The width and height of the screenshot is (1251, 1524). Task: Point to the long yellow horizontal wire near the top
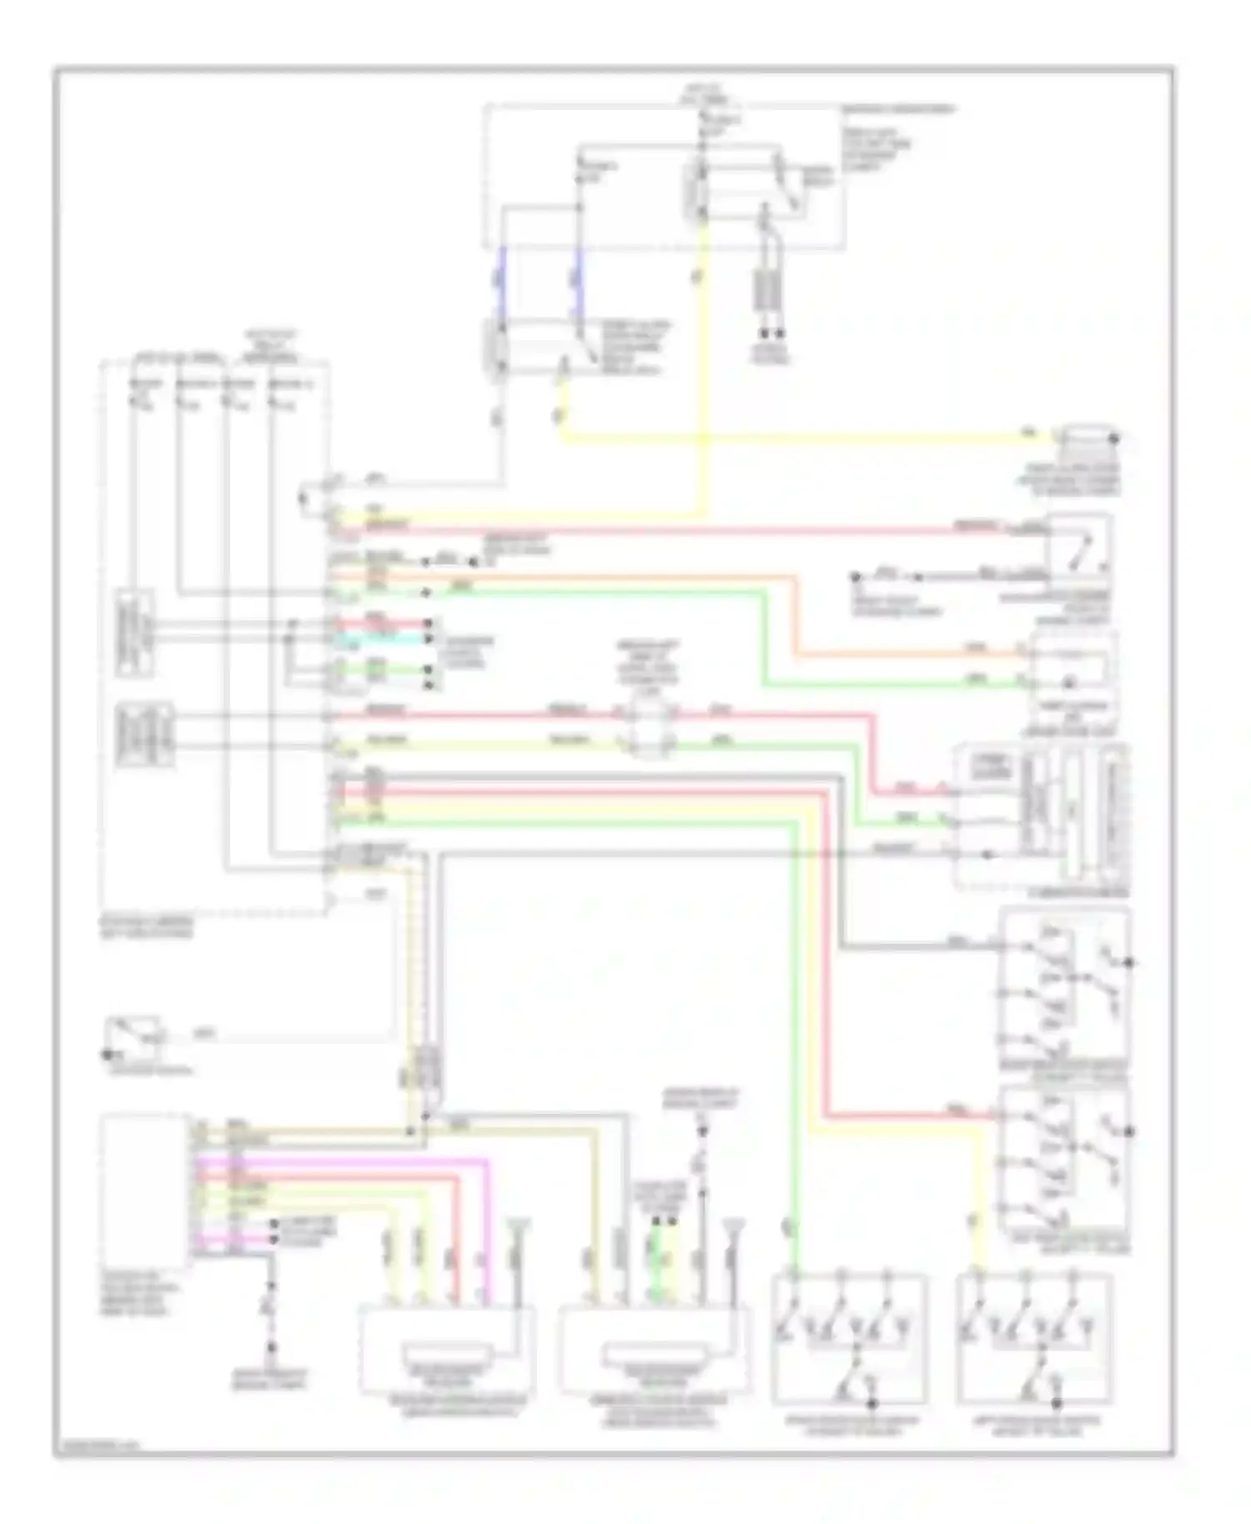[x=792, y=437]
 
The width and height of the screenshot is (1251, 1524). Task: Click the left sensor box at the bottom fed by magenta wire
[x=446, y=1349]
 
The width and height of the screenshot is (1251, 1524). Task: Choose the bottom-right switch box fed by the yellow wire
[x=1034, y=1338]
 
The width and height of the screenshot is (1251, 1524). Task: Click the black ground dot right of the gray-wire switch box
[x=1130, y=963]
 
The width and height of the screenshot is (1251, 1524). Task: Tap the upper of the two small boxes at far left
[x=134, y=632]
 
